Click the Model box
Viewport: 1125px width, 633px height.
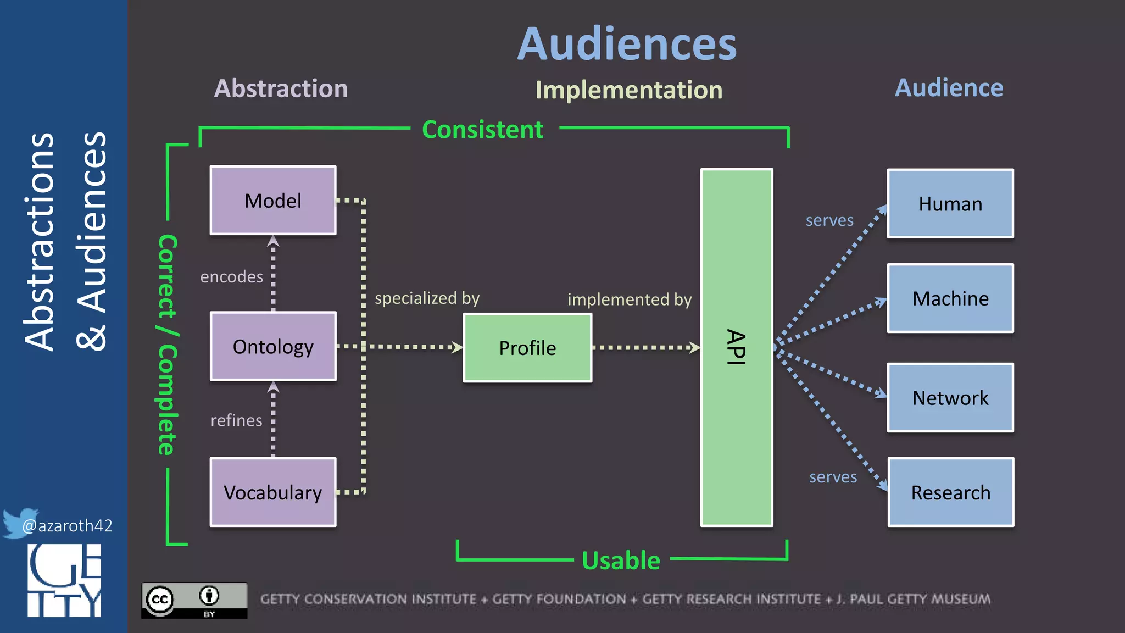pos(273,201)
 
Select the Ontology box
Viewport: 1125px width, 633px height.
pos(273,347)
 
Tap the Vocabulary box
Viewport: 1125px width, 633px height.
pos(273,492)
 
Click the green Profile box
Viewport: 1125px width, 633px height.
pos(527,348)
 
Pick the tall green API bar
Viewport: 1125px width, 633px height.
pos(737,347)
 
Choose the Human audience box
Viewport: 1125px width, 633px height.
pos(950,204)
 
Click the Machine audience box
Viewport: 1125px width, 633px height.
pos(950,298)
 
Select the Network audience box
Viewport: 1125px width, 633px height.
pos(950,398)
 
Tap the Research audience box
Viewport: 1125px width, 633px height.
pos(950,492)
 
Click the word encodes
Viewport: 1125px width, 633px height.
pos(231,276)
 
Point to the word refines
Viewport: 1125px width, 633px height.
pos(236,420)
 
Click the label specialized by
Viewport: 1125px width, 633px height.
pos(427,298)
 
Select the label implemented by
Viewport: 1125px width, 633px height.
pos(630,299)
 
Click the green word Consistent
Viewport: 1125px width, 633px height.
pos(482,130)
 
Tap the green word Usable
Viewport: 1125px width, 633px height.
pos(621,560)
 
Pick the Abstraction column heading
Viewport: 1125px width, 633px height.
pos(281,88)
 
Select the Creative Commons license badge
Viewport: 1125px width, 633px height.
pos(194,600)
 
